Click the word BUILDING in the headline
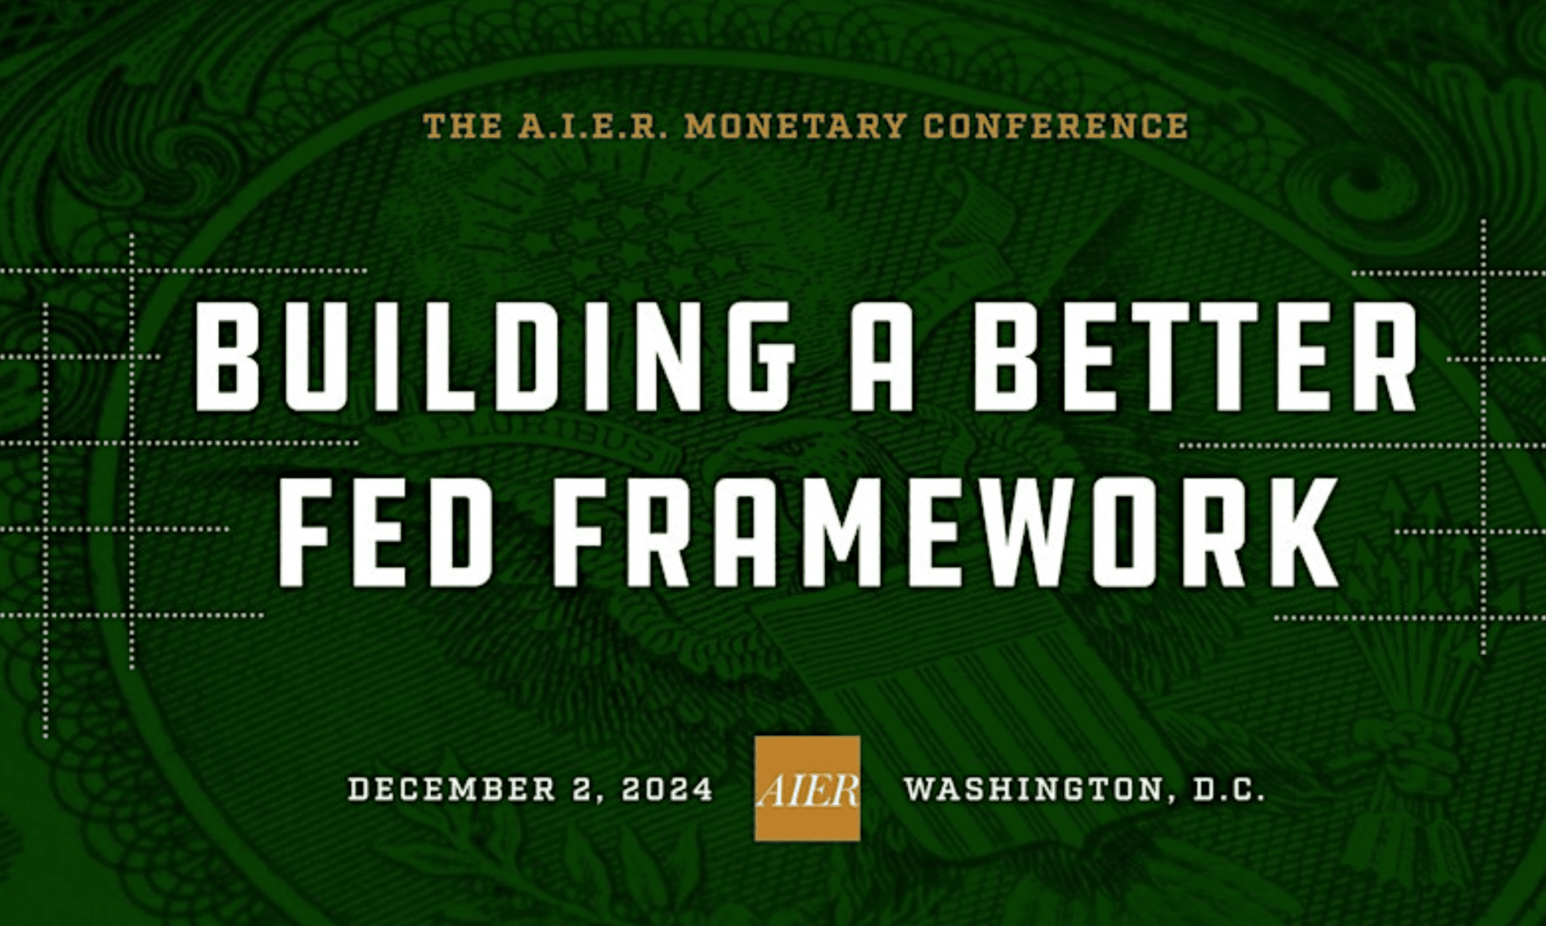click(495, 356)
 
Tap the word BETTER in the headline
click(1194, 356)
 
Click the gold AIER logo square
click(807, 788)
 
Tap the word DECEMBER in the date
click(452, 789)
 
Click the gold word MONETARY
click(795, 126)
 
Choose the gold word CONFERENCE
click(1056, 126)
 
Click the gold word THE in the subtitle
click(462, 126)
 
